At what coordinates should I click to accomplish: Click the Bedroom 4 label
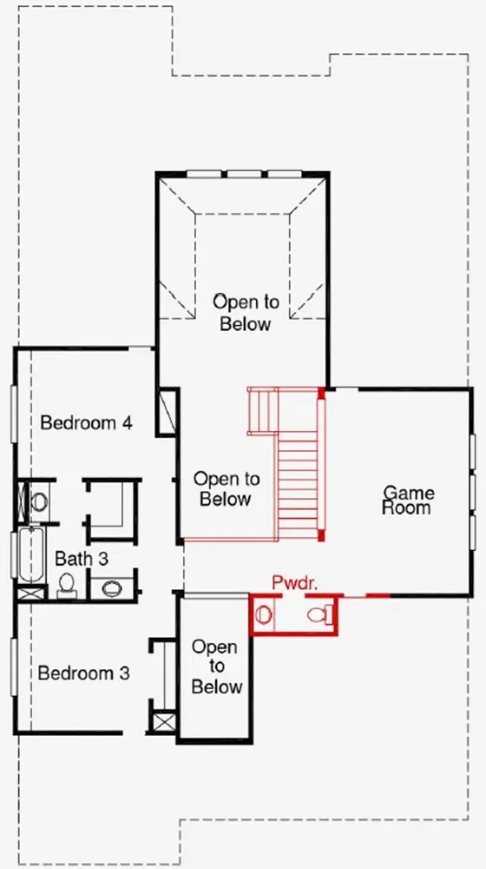coord(86,423)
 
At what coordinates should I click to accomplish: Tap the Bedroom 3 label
coord(84,673)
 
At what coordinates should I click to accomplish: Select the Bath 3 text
coord(82,559)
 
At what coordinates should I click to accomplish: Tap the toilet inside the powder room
coord(321,614)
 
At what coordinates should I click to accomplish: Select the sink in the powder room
coord(264,614)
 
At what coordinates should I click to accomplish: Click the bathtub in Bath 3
coord(31,554)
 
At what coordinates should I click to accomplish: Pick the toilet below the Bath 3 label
coord(67,586)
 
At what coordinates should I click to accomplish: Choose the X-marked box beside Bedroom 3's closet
coord(164,722)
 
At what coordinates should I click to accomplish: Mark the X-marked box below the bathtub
coord(31,594)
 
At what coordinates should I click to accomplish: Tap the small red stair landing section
coord(262,411)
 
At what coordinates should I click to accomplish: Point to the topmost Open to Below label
coord(246,313)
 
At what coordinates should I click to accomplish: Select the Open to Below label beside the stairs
coord(226,488)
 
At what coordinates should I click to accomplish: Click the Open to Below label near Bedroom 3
coord(217,667)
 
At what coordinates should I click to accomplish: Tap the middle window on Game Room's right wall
coord(473,491)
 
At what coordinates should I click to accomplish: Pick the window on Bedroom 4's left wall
coord(14,414)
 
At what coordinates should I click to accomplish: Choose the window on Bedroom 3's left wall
coord(14,667)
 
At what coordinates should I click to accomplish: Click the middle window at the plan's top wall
coord(244,174)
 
